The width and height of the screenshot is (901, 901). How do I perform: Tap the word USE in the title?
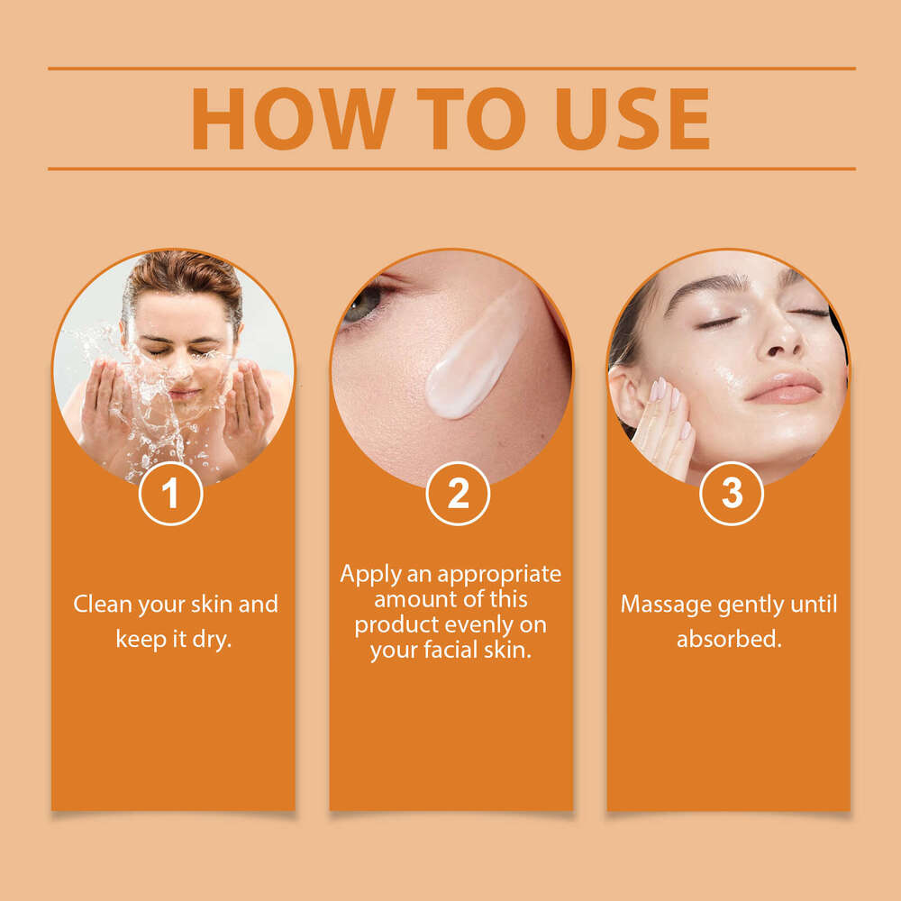633,119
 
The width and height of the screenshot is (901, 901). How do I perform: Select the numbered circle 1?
170,494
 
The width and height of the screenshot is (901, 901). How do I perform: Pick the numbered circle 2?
458,494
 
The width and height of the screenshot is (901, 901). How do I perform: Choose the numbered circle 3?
732,494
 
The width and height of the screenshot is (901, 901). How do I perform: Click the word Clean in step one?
103,604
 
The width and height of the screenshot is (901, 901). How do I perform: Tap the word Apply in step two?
370,575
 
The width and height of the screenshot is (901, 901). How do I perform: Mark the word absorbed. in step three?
729,639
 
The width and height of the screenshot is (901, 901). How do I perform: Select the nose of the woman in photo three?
785,333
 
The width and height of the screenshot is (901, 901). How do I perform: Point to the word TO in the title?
471,119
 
